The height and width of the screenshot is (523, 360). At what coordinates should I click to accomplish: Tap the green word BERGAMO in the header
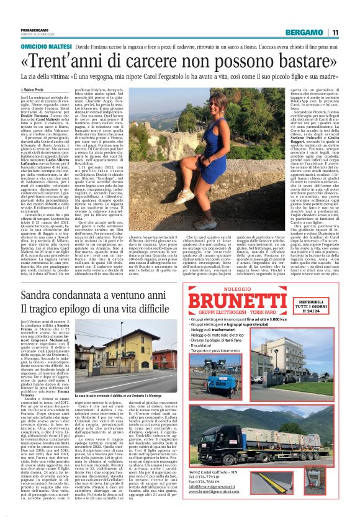tap(305, 32)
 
